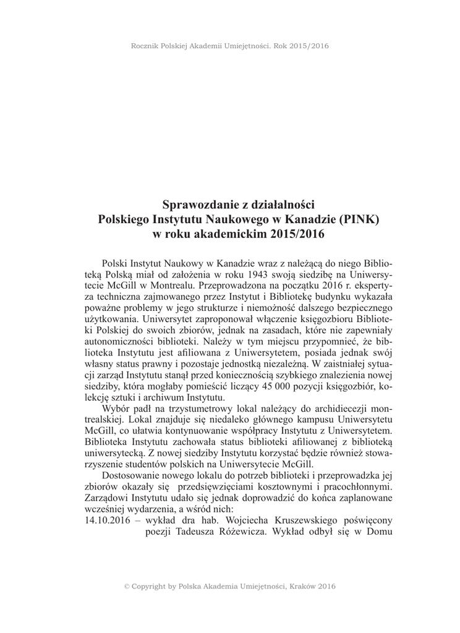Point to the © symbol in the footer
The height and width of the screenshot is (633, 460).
click(x=127, y=587)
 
